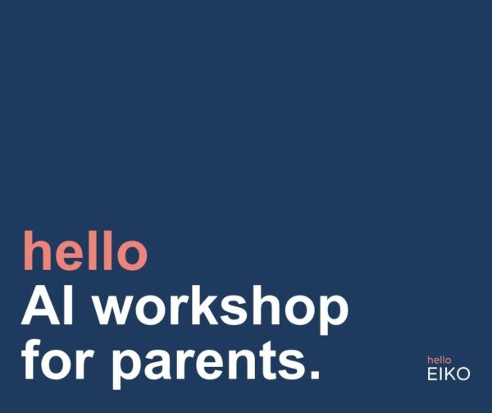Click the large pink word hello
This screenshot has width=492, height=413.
click(85, 250)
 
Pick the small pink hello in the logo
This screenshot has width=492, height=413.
click(440, 360)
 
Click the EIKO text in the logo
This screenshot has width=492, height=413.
click(449, 374)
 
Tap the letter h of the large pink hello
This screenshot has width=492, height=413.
click(37, 250)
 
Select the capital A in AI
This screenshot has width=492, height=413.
click(39, 306)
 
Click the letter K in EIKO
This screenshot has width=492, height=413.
click(450, 374)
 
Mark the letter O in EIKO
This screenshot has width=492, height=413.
click(464, 374)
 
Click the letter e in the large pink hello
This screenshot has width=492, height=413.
click(73, 255)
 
